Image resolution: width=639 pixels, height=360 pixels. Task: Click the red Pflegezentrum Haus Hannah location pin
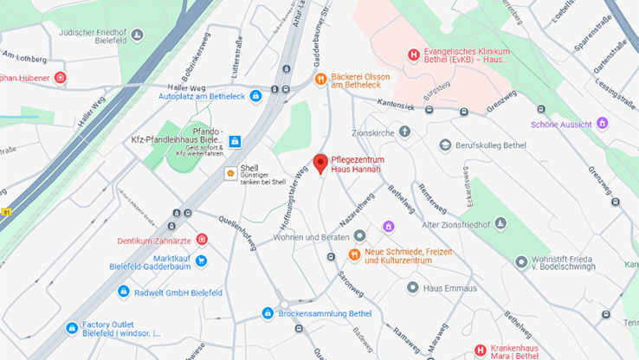[x=320, y=163]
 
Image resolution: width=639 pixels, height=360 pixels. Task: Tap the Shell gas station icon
[x=231, y=172]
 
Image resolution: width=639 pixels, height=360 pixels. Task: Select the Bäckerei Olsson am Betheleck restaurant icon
[x=319, y=80]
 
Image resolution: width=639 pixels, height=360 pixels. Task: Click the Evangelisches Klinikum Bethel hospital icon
[x=413, y=55]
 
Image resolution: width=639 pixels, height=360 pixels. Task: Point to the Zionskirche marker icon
[x=404, y=132]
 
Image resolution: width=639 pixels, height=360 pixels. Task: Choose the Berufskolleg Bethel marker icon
[x=444, y=145]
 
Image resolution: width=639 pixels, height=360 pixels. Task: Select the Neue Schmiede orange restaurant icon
[x=353, y=254]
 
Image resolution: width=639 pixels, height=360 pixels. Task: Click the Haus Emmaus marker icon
[x=413, y=286]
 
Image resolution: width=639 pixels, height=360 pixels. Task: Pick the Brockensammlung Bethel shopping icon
[x=268, y=313]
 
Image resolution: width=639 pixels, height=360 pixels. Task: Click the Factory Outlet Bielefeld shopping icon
[x=72, y=328]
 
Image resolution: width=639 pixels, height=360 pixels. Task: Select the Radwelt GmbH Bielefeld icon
[x=123, y=292]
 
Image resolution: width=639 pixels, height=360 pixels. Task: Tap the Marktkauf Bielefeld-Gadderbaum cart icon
[x=201, y=260]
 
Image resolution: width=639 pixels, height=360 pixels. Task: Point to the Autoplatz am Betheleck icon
[x=255, y=95]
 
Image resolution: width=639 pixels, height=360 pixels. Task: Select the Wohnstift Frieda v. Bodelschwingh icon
[x=521, y=261]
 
